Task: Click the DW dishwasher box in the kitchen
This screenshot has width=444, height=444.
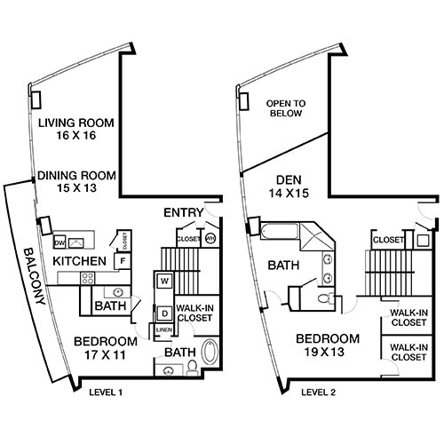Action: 59,242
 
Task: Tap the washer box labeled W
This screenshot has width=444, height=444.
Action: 164,281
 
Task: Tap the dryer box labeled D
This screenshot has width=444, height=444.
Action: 164,313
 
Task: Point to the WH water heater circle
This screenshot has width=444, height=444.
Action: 210,239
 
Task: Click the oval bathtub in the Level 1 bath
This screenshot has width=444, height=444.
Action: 210,352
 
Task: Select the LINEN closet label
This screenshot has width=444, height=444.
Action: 164,331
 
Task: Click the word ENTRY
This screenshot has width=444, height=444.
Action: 182,213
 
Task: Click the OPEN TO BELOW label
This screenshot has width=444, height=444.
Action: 284,108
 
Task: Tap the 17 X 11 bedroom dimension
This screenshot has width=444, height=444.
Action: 105,354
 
